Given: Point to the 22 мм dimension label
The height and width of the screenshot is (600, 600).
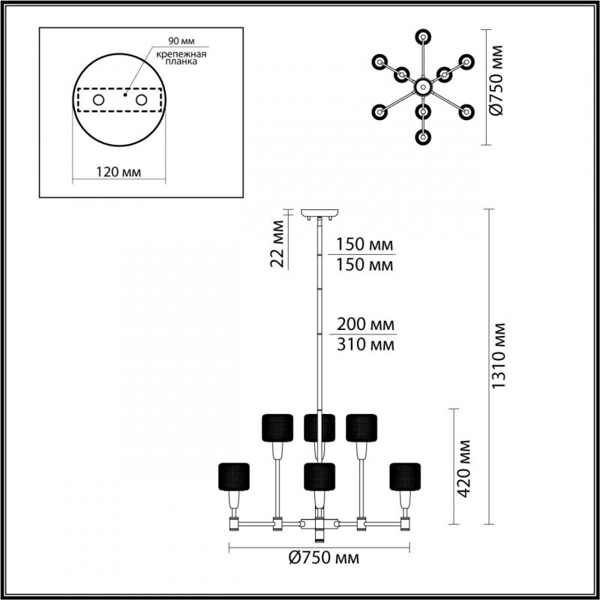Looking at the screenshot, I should (x=278, y=242).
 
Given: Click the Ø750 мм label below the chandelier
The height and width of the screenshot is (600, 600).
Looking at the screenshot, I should (x=323, y=558).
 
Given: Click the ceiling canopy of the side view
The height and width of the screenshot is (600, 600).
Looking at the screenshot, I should (x=319, y=212).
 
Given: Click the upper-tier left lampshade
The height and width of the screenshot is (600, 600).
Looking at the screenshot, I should (x=277, y=427).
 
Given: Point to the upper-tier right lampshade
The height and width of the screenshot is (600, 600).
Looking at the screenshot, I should (x=361, y=427).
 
